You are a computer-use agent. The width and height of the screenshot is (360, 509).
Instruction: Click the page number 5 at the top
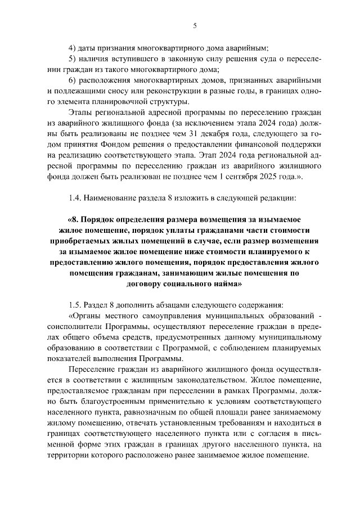pyautogui.click(x=194, y=26)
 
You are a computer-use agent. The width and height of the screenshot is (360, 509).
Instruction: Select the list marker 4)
pyautogui.click(x=72, y=48)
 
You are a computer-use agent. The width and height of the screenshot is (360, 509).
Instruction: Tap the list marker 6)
pyautogui.click(x=72, y=80)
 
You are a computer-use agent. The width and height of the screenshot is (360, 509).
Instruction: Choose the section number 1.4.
pyautogui.click(x=75, y=197)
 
